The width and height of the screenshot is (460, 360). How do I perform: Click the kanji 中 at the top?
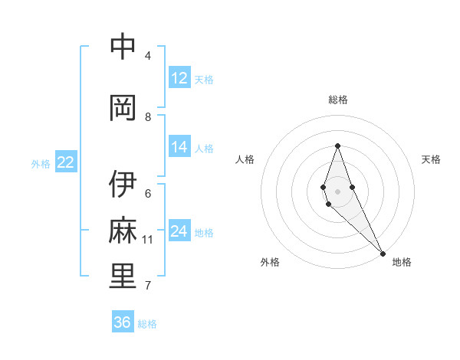[x=123, y=47]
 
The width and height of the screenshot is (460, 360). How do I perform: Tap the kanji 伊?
[x=123, y=185]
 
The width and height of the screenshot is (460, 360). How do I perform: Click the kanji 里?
[x=123, y=277]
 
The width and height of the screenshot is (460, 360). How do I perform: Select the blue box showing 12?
[x=179, y=77]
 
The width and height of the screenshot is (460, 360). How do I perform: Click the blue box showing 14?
[x=179, y=147]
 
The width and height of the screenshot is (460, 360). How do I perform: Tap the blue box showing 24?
[x=179, y=231]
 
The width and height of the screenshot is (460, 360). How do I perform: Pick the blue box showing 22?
[x=66, y=162]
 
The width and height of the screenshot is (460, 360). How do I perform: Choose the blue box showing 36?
[x=123, y=322]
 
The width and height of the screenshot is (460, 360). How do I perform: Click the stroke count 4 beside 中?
[x=148, y=56]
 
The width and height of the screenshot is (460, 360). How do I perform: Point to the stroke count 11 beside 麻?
[x=148, y=240]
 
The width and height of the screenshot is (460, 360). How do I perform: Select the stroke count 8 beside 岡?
[x=148, y=117]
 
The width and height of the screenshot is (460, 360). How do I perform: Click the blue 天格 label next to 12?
[x=204, y=79]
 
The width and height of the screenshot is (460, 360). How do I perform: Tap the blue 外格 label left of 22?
[x=41, y=163]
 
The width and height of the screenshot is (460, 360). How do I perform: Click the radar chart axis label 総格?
[x=337, y=100]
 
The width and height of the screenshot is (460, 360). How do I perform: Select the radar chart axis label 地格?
[x=402, y=262]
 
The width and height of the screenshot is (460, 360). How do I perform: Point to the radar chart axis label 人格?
[x=245, y=159]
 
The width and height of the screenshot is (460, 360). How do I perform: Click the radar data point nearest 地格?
[x=383, y=252]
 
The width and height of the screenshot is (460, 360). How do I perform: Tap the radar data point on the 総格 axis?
[x=337, y=146]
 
